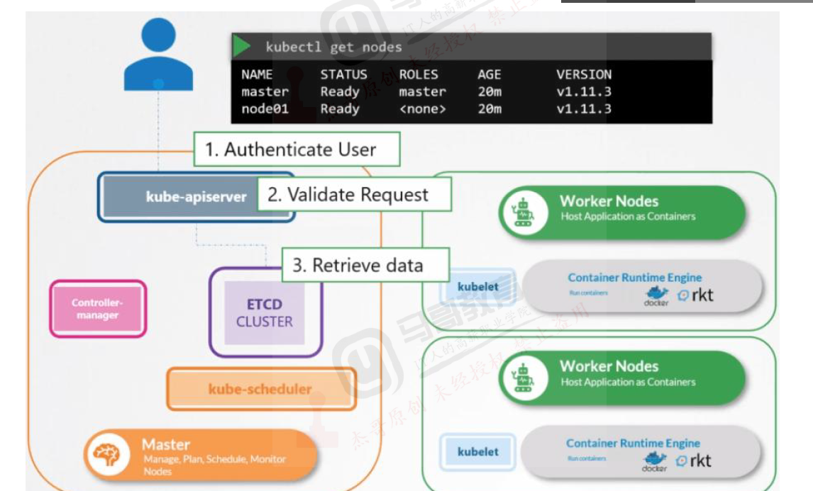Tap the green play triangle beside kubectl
pos(242,47)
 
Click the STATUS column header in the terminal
pos(343,74)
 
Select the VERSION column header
pos(583,74)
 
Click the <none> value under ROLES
pos(422,109)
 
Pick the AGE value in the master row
pos(490,91)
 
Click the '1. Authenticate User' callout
pos(297,149)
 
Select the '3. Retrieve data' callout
pos(365,265)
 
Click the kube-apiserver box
pos(195,197)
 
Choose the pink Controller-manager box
pos(97,309)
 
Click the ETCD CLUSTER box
pos(265,312)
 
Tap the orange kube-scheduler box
pos(260,388)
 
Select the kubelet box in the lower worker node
pos(477,451)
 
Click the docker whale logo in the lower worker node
pos(654,461)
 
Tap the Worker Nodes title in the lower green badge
pos(609,366)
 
